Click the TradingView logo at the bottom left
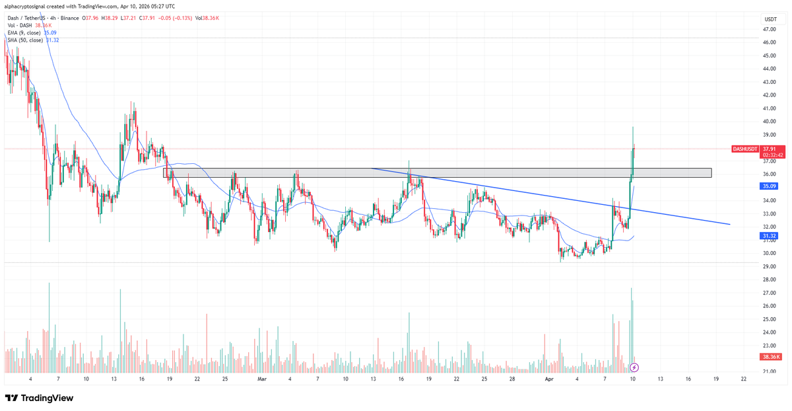coord(39,398)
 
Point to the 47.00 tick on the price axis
coord(770,30)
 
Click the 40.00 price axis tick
coord(770,122)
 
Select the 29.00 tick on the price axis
coord(770,266)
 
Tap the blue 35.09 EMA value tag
coord(770,186)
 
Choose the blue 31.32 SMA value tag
coord(770,236)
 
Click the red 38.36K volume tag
coord(770,357)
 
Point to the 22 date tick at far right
coord(744,380)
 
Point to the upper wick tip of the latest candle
coord(633,127)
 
